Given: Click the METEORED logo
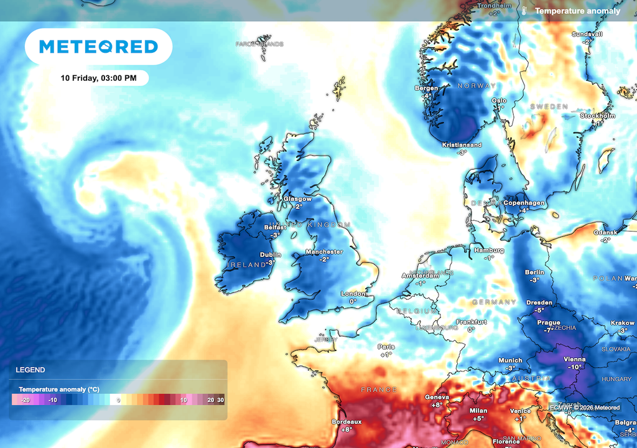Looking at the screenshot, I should [x=98, y=47].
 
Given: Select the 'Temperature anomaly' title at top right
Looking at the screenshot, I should [x=577, y=11].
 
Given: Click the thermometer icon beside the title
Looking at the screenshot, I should [x=524, y=11].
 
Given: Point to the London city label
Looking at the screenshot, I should [x=353, y=294].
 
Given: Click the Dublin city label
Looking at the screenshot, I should [x=270, y=254].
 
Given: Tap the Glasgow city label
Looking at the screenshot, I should [x=297, y=199].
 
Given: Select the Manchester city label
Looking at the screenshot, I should [x=324, y=252].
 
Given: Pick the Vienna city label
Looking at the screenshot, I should [x=574, y=359].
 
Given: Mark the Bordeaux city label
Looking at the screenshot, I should [x=346, y=421].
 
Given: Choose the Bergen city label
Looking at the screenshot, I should [x=426, y=88].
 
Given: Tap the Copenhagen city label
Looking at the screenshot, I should [x=524, y=203].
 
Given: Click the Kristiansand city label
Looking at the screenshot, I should [x=462, y=145].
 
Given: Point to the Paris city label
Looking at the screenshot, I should [x=386, y=347].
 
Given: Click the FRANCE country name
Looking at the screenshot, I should [x=379, y=390].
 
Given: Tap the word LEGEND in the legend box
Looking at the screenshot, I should [x=30, y=370].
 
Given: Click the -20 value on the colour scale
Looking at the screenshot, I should [x=26, y=399].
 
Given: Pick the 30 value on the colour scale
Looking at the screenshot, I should [x=220, y=399].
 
